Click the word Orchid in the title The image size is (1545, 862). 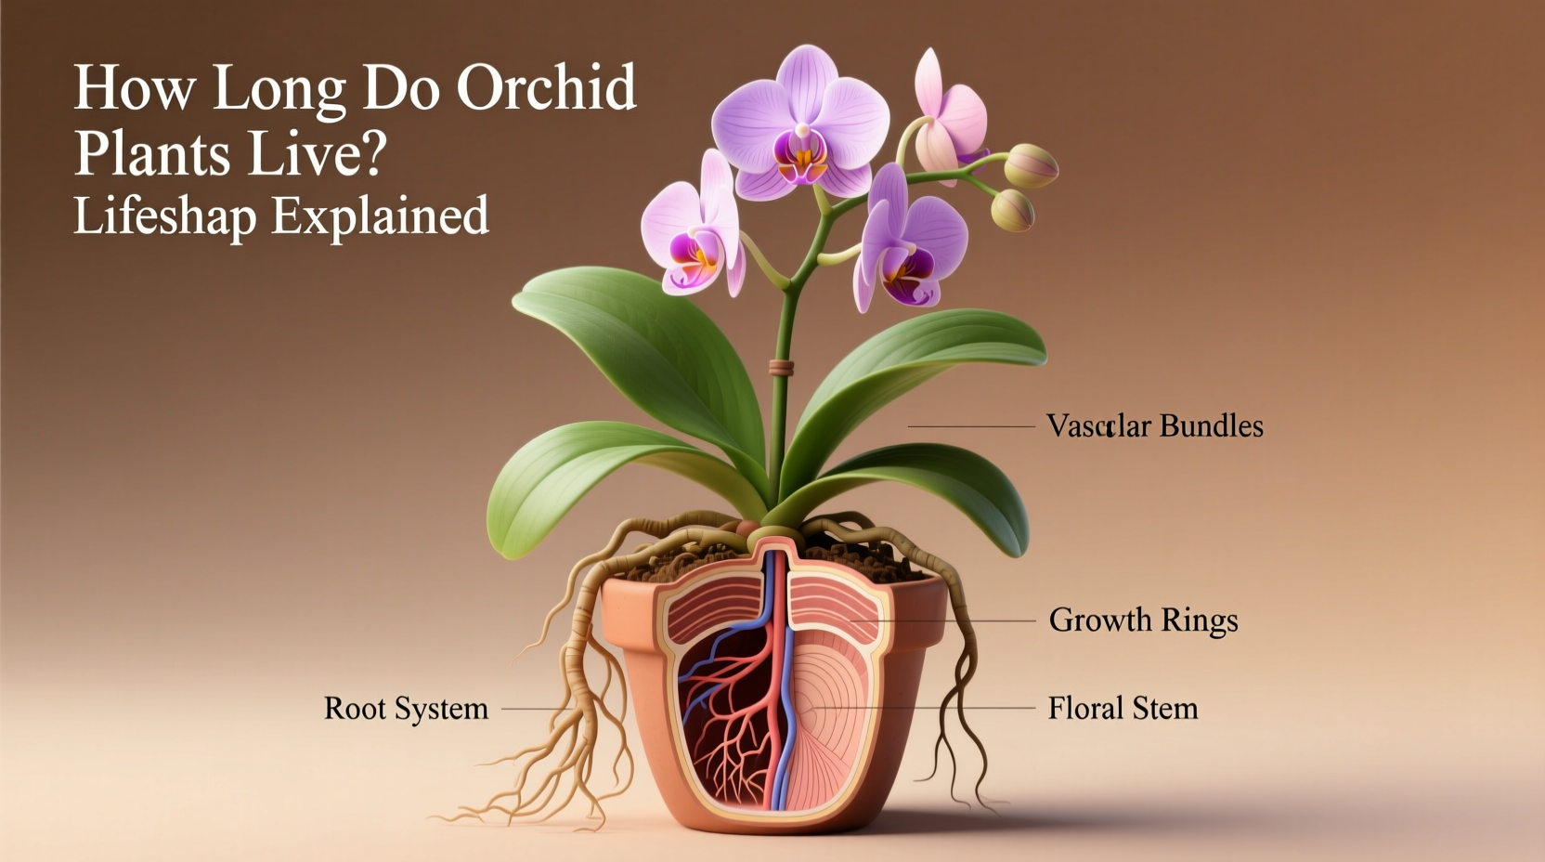tap(546, 89)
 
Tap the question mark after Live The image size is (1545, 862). tap(372, 154)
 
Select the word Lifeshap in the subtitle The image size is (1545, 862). tap(165, 216)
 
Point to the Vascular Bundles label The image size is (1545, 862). tap(1154, 426)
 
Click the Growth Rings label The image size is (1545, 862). tap(1143, 620)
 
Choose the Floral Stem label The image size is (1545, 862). tap(1123, 709)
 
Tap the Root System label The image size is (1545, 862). tap(406, 709)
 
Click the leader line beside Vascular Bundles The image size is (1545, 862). tap(970, 426)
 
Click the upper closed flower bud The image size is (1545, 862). tap(1032, 166)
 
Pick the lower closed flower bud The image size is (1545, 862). tap(1011, 211)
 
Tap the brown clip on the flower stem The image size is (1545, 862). tap(781, 368)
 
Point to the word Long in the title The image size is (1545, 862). tap(279, 89)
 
